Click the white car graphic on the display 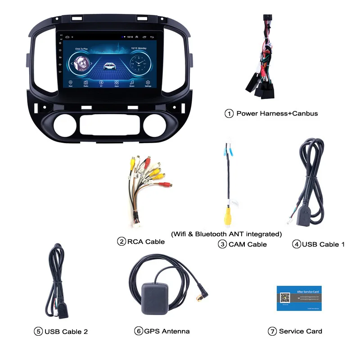(109, 66)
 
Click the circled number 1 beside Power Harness (229, 113)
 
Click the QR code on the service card (285, 298)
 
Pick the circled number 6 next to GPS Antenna (138, 331)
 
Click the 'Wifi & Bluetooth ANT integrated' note (226, 234)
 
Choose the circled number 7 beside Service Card (272, 331)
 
